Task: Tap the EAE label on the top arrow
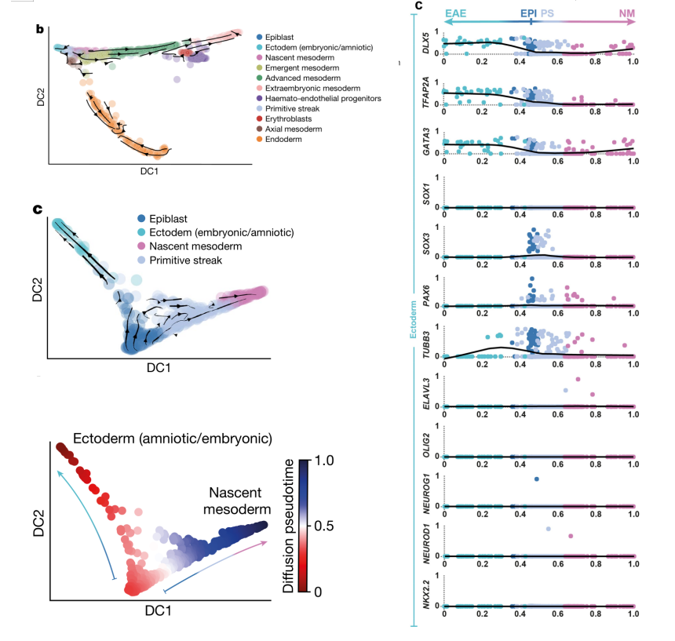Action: [x=455, y=13]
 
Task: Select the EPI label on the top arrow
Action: [x=528, y=13]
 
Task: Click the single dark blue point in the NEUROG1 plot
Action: [x=536, y=479]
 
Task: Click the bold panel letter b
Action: [x=39, y=30]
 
